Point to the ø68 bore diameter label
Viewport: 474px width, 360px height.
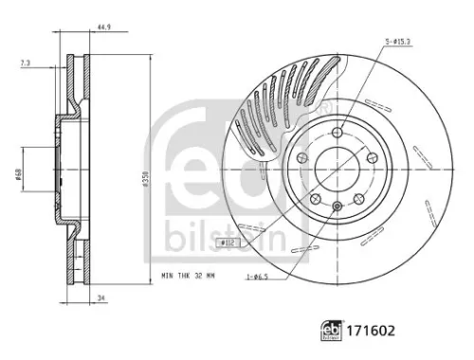pyautogui.click(x=19, y=177)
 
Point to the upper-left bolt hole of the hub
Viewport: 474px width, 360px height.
pyautogui.click(x=301, y=159)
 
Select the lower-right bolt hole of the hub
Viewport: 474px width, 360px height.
pyautogui.click(x=357, y=200)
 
